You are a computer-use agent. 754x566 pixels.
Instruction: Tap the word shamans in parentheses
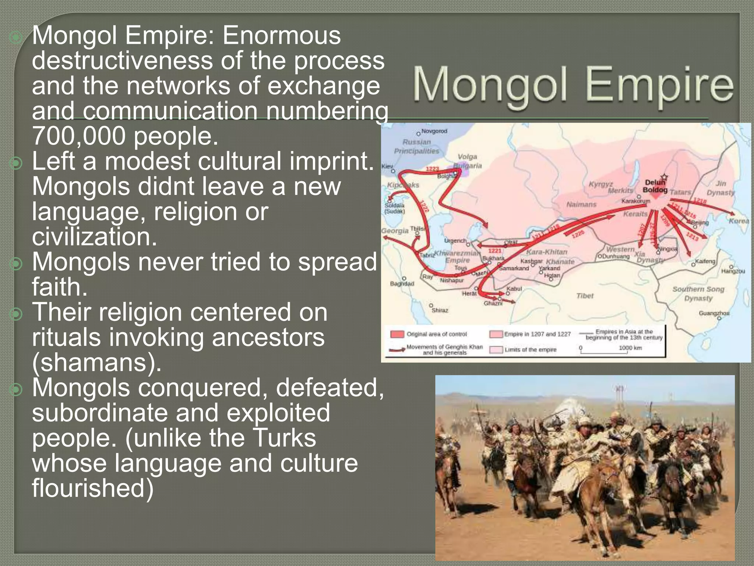point(96,363)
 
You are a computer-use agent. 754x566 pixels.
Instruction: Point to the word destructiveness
point(121,60)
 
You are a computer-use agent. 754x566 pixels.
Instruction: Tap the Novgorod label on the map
point(434,131)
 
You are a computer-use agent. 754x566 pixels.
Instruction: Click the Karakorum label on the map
point(636,201)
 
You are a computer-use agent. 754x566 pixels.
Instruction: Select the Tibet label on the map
point(585,296)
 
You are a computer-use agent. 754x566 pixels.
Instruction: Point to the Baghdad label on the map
point(402,284)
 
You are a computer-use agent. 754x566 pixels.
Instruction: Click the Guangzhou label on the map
point(714,313)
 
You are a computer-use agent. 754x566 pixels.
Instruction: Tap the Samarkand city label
point(514,268)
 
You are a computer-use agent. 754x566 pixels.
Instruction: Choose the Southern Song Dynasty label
point(698,294)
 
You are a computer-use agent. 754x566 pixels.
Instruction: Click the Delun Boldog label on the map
point(655,186)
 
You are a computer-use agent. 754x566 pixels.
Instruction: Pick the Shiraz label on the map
point(440,310)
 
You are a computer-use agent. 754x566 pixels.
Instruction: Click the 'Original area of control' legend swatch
point(397,334)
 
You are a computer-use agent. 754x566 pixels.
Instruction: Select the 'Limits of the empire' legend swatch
point(496,349)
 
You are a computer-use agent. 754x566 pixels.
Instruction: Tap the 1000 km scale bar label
point(630,347)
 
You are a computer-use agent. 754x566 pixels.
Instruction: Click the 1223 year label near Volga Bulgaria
point(433,169)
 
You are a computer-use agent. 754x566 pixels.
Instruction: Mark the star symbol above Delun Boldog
point(664,177)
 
